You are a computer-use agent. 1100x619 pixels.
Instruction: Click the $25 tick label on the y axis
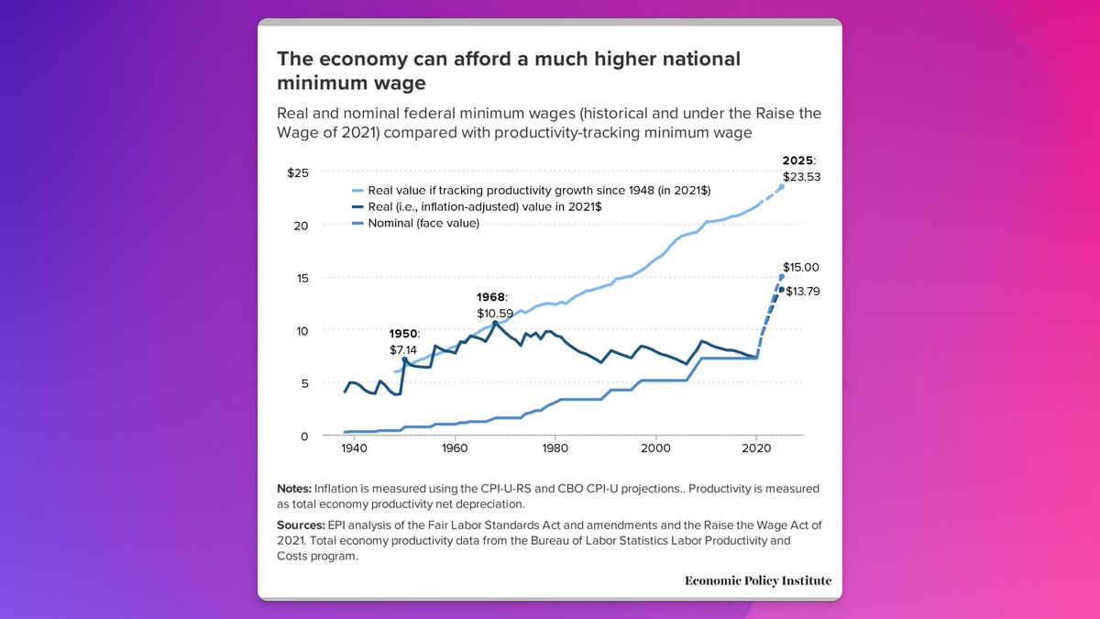coord(298,173)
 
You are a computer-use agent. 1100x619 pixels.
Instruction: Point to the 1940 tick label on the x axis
coord(355,449)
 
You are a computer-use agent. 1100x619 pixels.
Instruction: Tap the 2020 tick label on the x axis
coord(755,449)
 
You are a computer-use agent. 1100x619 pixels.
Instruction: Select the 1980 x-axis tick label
coord(555,449)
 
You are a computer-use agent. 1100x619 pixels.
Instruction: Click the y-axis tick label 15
coord(302,278)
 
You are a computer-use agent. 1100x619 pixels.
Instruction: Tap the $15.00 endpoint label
coord(801,268)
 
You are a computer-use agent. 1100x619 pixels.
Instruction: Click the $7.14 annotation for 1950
coord(404,350)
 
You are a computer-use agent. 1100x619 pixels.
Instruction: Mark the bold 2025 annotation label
coord(797,161)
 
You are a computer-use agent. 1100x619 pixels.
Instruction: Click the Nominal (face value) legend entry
coord(423,224)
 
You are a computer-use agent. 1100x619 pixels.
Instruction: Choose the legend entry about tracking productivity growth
coord(539,190)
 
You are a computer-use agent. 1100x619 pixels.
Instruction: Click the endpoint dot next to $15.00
coord(782,277)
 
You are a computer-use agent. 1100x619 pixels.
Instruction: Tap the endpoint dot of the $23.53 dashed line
coord(782,187)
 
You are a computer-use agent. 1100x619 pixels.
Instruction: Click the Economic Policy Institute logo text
coord(758,580)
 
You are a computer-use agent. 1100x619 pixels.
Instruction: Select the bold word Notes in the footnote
coord(293,489)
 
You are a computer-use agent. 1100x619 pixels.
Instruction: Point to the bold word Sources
coord(299,524)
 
